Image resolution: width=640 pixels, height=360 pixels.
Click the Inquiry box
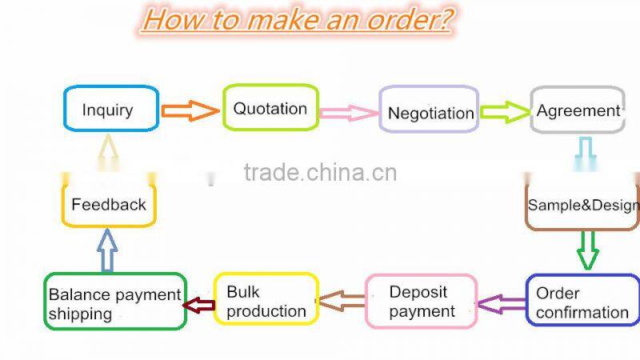coord(110,109)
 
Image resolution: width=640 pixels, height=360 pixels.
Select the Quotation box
coord(270,108)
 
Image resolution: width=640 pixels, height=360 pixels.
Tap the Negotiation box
coord(430,112)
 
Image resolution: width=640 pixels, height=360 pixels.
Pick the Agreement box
coord(578,110)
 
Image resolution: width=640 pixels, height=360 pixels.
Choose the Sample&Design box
coord(582,206)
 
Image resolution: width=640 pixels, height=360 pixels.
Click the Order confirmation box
coord(582,301)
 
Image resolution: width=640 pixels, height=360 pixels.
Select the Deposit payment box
coord(422,301)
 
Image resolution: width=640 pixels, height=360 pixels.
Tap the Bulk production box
coord(266,299)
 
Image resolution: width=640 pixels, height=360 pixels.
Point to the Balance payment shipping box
coord(114,302)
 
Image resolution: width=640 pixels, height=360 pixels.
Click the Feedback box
coord(109,204)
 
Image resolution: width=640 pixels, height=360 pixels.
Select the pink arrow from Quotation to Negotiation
coord(349,113)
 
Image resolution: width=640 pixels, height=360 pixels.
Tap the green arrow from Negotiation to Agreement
coord(505,112)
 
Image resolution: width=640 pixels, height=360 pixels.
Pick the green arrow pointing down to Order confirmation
coord(588,250)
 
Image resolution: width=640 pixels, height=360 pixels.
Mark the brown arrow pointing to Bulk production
coord(342,301)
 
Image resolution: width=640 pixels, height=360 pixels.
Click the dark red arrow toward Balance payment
coord(199,305)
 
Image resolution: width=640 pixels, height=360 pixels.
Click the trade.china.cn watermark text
coord(320,172)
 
